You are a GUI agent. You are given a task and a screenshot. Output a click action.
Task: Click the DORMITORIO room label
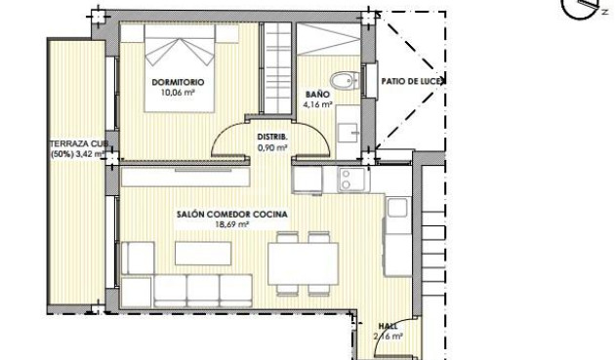point(179,82)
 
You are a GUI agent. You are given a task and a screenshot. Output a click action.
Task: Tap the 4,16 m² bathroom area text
point(317,102)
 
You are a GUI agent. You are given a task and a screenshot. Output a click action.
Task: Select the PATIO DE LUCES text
point(413,82)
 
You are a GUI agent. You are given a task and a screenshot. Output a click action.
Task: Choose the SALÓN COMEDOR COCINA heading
point(232,214)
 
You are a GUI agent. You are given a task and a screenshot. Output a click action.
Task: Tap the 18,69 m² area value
point(232,224)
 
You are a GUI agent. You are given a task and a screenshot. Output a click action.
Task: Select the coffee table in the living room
point(203,253)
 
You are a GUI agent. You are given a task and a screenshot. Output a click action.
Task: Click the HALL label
point(388,327)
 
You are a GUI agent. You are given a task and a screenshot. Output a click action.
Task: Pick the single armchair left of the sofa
point(139,258)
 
